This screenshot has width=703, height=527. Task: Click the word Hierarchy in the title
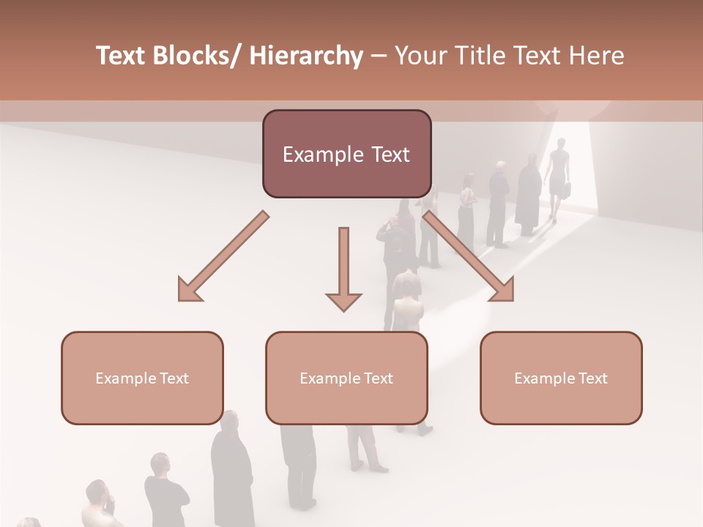pyautogui.click(x=306, y=56)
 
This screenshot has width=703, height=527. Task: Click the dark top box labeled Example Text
pyautogui.click(x=346, y=154)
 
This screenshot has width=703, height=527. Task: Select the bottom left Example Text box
pyautogui.click(x=142, y=378)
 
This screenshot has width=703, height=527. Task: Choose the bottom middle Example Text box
pyautogui.click(x=346, y=378)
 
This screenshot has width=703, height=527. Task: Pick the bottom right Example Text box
pyautogui.click(x=561, y=378)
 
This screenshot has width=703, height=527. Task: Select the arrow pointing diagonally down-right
pyautogui.click(x=469, y=257)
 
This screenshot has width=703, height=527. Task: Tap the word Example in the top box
pyautogui.click(x=319, y=154)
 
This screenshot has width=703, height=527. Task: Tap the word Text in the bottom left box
pyautogui.click(x=175, y=378)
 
